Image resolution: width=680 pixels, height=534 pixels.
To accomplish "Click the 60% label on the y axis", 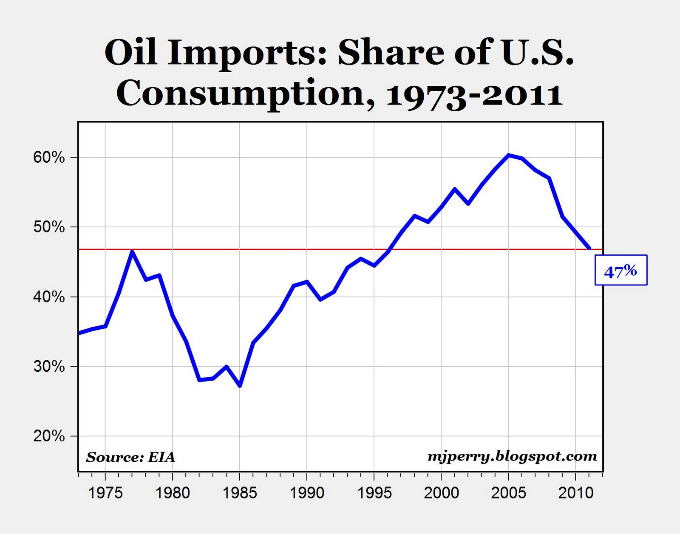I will (49, 158).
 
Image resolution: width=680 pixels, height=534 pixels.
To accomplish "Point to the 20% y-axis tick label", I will (49, 436).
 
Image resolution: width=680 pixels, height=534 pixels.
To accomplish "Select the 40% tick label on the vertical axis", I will (49, 297).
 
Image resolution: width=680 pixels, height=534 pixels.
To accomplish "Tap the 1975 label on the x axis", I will (105, 493).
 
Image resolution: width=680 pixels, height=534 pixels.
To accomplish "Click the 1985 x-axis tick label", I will (239, 493).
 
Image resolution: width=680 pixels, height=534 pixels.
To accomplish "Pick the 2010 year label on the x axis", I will (575, 493).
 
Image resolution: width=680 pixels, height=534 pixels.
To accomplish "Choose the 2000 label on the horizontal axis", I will (441, 493).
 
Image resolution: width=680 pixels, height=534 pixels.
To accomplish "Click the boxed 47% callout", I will (620, 270).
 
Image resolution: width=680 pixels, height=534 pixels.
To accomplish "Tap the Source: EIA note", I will (130, 457).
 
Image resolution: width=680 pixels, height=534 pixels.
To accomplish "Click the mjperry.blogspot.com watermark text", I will (512, 456).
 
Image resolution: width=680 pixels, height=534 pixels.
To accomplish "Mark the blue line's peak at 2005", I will (508, 155).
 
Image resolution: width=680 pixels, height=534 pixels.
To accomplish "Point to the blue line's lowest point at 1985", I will (240, 386).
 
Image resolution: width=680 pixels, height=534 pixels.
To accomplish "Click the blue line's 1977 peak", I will (132, 251).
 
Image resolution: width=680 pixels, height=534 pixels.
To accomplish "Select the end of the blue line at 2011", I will (589, 248).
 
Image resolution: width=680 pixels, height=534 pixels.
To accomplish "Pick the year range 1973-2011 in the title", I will (474, 94).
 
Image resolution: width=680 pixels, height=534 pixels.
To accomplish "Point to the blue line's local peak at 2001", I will (454, 189).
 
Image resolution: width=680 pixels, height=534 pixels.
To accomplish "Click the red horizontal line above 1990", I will (307, 249).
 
